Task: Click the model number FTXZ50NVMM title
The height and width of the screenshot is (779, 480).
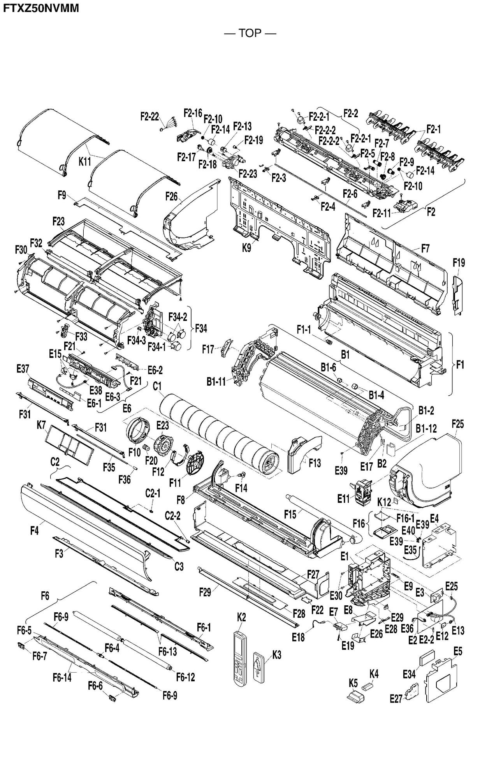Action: [41, 8]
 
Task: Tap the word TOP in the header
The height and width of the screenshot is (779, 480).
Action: [250, 33]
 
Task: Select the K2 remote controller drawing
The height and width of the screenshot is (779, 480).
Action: [241, 660]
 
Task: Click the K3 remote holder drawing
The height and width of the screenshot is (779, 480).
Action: [259, 666]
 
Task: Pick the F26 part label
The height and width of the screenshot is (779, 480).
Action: [171, 196]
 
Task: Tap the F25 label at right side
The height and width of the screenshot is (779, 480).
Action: [458, 424]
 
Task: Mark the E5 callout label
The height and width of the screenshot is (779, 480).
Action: [458, 651]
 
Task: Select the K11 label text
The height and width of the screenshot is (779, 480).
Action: [85, 162]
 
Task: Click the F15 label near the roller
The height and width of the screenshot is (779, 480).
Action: [290, 515]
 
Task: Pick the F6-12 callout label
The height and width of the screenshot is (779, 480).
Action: [185, 677]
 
